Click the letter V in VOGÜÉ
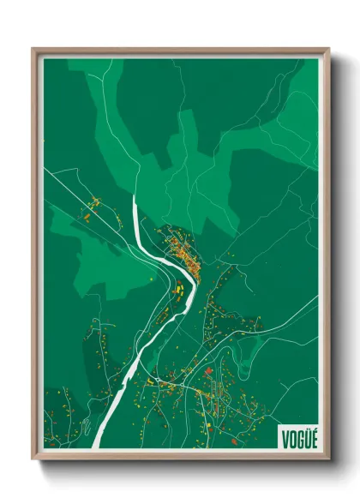tap(285, 440)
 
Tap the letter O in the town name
tap(291, 440)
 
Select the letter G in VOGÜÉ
tap(298, 440)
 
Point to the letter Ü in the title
tap(305, 440)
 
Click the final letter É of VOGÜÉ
tap(312, 440)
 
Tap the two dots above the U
tap(305, 432)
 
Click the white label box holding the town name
tap(298, 438)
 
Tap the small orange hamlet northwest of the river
tap(93, 206)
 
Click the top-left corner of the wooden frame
tap(34, 50)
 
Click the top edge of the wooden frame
tap(180, 51)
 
